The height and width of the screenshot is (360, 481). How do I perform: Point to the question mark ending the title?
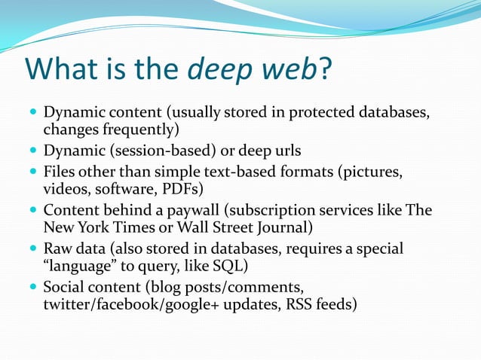(x=326, y=70)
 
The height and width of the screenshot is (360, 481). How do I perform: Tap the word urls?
(x=286, y=151)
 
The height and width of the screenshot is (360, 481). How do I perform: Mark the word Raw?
(x=57, y=247)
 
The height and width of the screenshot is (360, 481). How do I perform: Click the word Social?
(x=63, y=285)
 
